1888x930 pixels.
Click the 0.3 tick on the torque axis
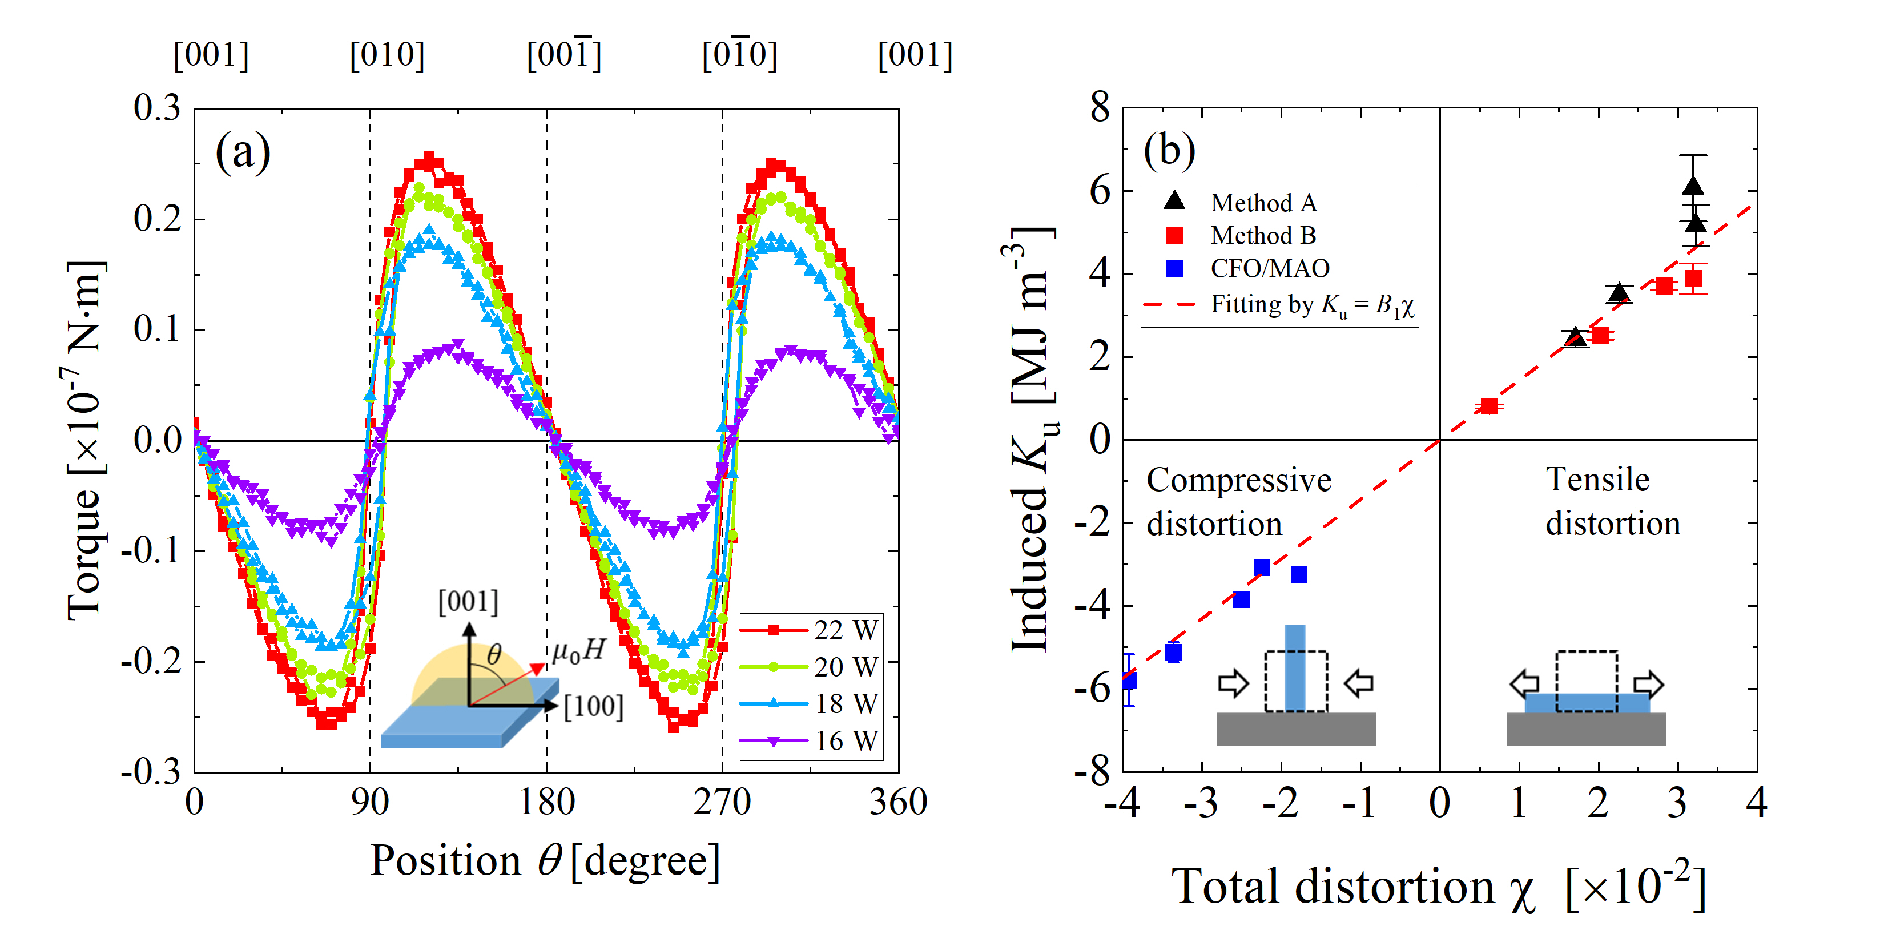pyautogui.click(x=157, y=108)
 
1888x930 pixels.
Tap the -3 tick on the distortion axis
pyautogui.click(x=1201, y=803)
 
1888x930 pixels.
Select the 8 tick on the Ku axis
pyautogui.click(x=1100, y=108)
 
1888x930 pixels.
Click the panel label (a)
pyautogui.click(x=243, y=152)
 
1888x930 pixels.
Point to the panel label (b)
pyautogui.click(x=1169, y=150)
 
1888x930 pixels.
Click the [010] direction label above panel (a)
pyautogui.click(x=387, y=55)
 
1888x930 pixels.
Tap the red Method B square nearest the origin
pyautogui.click(x=1488, y=406)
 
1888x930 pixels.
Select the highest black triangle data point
pyautogui.click(x=1693, y=186)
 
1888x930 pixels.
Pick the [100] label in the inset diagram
pyautogui.click(x=594, y=706)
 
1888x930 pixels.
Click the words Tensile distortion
pyautogui.click(x=1612, y=501)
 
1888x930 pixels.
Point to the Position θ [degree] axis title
pyautogui.click(x=545, y=860)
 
